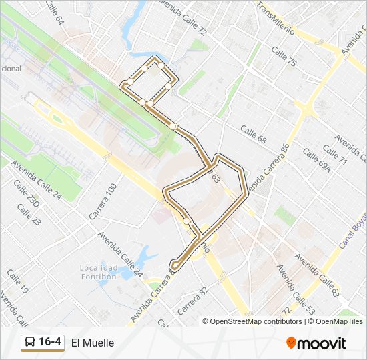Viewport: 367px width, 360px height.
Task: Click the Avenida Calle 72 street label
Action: click(x=181, y=17)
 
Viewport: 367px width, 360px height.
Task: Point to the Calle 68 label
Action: click(x=254, y=135)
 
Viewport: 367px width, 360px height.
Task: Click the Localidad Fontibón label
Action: click(x=99, y=273)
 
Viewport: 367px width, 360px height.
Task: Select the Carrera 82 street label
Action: click(x=194, y=301)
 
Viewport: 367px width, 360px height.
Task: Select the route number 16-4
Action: click(x=50, y=343)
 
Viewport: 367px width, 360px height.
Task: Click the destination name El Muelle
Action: click(x=93, y=343)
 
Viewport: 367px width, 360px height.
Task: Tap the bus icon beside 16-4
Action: click(x=29, y=343)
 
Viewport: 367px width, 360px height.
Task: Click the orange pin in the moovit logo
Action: click(x=291, y=343)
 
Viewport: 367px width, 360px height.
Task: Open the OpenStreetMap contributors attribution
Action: click(x=256, y=321)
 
